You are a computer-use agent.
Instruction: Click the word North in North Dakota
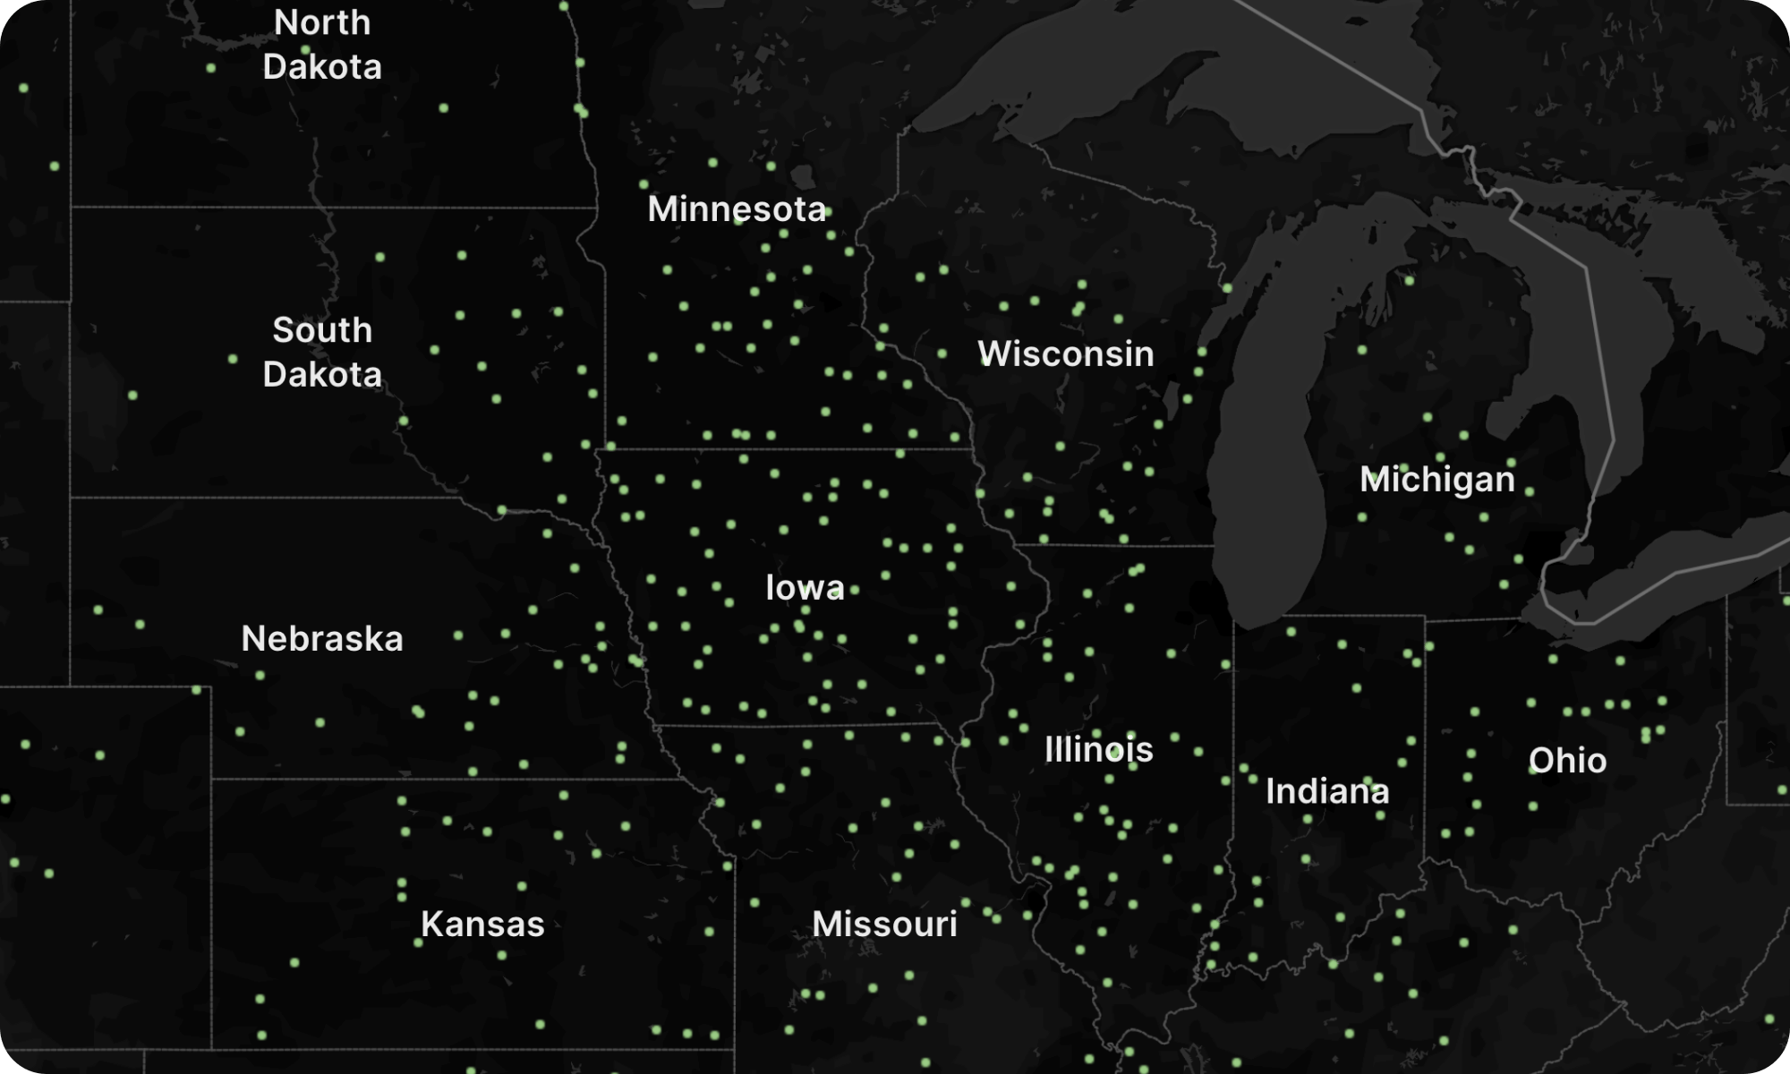(x=322, y=23)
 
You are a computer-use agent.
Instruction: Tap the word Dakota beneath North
(x=322, y=67)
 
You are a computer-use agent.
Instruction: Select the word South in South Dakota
(x=322, y=330)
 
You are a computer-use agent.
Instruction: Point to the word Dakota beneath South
(x=322, y=374)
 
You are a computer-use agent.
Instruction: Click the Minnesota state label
(x=736, y=209)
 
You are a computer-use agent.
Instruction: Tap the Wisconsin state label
(x=1065, y=354)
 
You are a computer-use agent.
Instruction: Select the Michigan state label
(x=1436, y=480)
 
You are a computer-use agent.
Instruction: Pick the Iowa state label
(x=805, y=588)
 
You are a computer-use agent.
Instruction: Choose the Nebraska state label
(x=322, y=639)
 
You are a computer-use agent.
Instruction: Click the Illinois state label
(x=1098, y=750)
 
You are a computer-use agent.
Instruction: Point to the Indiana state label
(x=1327, y=791)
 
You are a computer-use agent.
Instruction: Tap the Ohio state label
(x=1567, y=761)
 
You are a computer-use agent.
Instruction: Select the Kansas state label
(x=482, y=925)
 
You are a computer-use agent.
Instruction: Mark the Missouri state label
(x=884, y=925)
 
